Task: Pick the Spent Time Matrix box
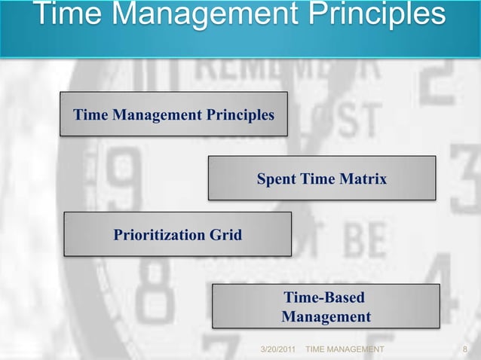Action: pos(322,178)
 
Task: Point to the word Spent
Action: pos(277,178)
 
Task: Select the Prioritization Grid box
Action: pos(177,234)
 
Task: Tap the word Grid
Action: pos(225,235)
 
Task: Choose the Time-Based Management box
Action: pos(326,306)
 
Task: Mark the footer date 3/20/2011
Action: pos(277,350)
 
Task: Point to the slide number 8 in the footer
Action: pos(465,350)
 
